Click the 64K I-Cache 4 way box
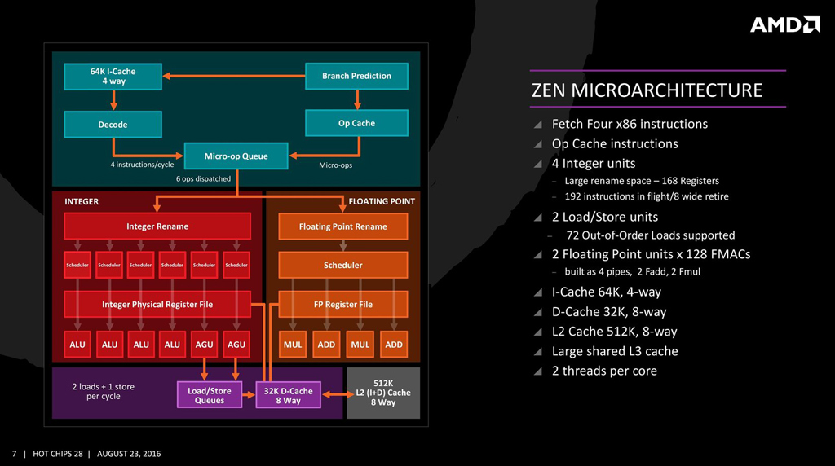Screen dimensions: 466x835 click(x=113, y=76)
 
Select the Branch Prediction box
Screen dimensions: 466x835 click(x=356, y=76)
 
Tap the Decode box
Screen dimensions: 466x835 click(x=113, y=125)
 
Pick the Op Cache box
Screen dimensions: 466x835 click(x=356, y=123)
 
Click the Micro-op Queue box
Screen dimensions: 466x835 click(x=236, y=156)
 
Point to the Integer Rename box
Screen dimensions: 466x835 click(x=157, y=226)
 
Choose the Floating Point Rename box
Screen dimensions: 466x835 click(x=342, y=226)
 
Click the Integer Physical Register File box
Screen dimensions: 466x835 click(x=157, y=304)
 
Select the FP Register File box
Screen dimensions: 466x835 click(x=342, y=304)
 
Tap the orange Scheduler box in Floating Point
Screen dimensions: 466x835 click(x=342, y=265)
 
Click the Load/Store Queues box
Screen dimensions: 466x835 click(x=210, y=395)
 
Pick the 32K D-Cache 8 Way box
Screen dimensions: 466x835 click(x=289, y=395)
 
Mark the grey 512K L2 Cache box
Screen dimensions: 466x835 click(x=383, y=393)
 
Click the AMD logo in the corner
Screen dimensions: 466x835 click(x=784, y=25)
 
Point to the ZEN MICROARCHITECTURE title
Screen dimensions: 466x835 click(x=647, y=90)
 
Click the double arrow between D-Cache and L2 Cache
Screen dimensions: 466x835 click(x=334, y=394)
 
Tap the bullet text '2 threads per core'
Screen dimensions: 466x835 click(x=604, y=371)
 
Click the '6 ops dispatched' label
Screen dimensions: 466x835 click(x=203, y=178)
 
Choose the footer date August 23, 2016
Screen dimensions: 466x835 click(x=129, y=454)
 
